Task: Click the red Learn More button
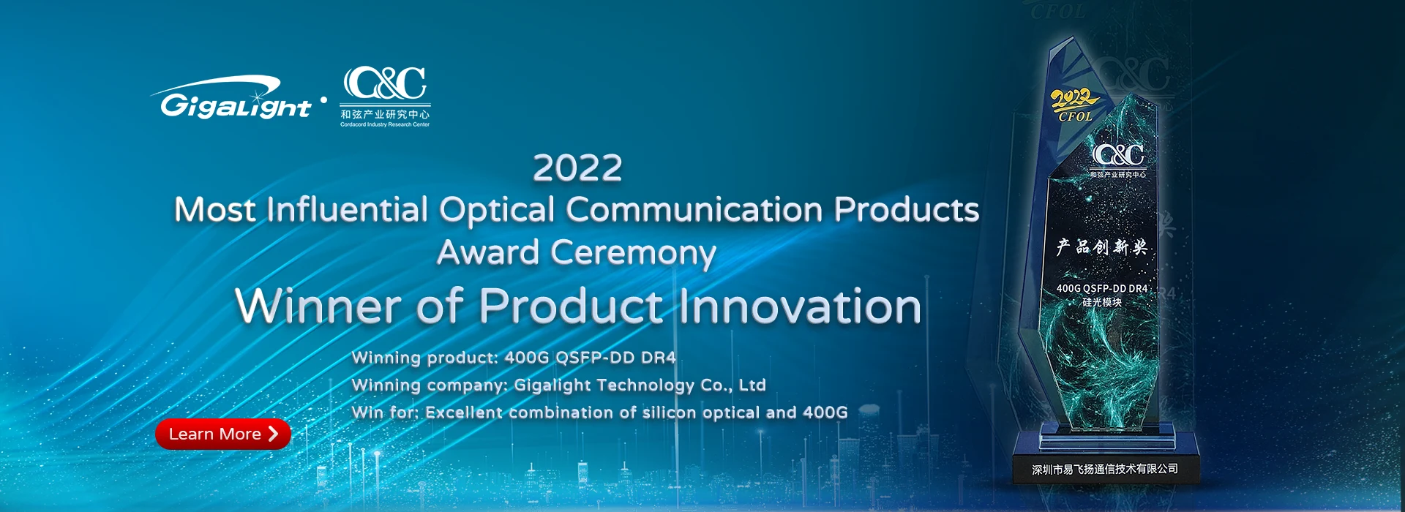223,434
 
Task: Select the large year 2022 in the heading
577,168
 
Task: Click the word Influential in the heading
347,210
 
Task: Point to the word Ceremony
633,254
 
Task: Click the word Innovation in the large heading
800,306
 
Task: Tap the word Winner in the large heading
319,306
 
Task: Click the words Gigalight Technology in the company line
604,385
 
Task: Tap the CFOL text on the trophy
1076,116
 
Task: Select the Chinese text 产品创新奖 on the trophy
1101,247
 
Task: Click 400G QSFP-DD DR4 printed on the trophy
1102,289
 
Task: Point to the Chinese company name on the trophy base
1105,469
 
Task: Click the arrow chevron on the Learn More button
273,434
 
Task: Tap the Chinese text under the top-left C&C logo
385,114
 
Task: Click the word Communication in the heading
694,210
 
